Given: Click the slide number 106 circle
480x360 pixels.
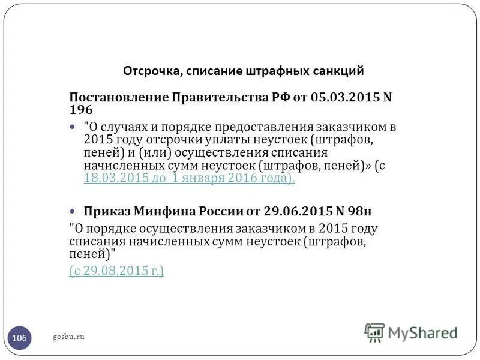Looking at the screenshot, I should click(x=19, y=338).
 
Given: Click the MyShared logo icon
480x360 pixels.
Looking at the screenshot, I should click(x=375, y=332).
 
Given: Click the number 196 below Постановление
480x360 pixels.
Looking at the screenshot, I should click(x=81, y=110).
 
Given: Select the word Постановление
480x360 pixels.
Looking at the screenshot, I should click(x=119, y=97).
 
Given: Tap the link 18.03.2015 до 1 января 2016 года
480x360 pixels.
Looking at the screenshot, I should click(x=190, y=179).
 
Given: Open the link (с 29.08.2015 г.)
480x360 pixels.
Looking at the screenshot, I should click(x=116, y=271).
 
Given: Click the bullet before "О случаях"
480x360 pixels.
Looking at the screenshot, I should click(x=73, y=128).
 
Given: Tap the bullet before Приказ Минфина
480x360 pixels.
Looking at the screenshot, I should click(x=73, y=211).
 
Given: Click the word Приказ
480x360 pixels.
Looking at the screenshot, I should click(x=106, y=211).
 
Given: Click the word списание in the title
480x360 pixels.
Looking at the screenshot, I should click(x=214, y=71).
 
